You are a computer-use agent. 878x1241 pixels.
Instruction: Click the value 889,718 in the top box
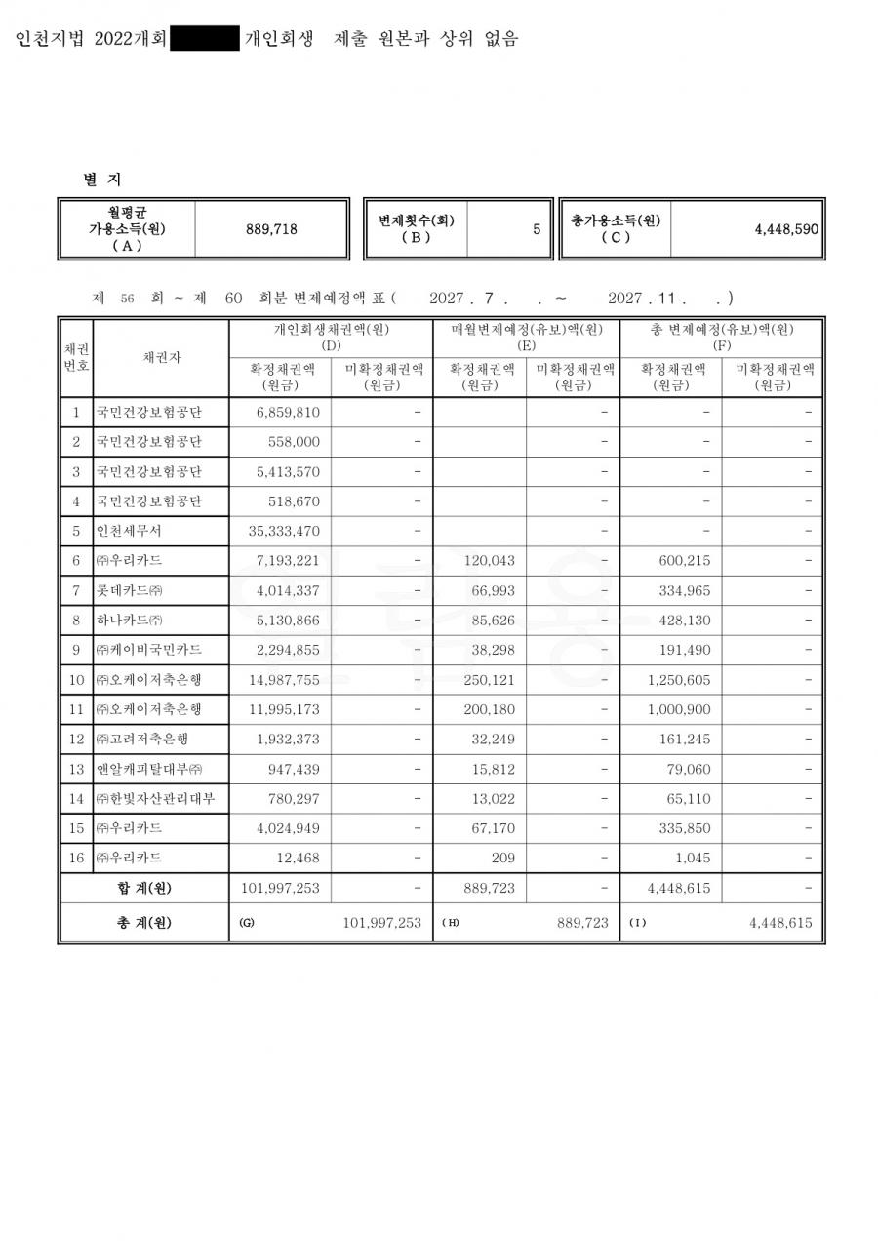coord(271,229)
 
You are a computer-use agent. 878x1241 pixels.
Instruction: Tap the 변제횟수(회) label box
coord(417,228)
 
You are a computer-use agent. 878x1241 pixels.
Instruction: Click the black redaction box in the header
coord(205,39)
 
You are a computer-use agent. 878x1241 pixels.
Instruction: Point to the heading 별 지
coord(102,180)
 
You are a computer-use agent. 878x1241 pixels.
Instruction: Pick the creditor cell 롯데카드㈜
coord(130,591)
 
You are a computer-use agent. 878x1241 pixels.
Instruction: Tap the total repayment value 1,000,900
coord(679,709)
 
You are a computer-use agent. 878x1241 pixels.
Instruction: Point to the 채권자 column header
coord(161,358)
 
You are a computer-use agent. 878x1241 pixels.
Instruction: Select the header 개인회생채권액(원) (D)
coord(331,338)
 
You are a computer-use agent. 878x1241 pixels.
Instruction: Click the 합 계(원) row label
coord(143,888)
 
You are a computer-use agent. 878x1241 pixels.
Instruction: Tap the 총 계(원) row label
coord(143,923)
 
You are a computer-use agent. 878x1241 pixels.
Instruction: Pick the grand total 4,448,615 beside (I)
coord(780,923)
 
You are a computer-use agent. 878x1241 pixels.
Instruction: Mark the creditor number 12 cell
coord(75,740)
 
